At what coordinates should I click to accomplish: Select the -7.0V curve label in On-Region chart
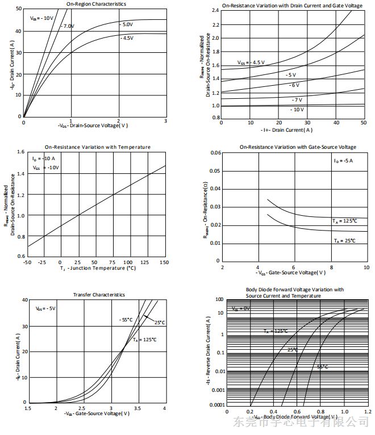click(x=68, y=26)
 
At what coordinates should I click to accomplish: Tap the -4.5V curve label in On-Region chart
click(x=127, y=38)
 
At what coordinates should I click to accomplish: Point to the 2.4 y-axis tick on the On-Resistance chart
click(x=215, y=10)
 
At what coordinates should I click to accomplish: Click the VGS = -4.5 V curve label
click(x=251, y=62)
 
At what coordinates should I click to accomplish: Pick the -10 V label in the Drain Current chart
click(x=297, y=109)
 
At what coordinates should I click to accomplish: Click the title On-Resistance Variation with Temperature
click(x=98, y=147)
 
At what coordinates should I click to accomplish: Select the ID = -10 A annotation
click(x=44, y=160)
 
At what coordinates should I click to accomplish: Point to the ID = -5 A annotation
click(x=343, y=161)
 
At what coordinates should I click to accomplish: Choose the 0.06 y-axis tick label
click(x=215, y=153)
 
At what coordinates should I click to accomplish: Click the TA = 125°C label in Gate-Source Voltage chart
click(x=344, y=220)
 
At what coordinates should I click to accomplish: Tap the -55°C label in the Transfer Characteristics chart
click(x=126, y=319)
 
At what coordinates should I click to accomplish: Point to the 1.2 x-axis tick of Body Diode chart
click(x=366, y=411)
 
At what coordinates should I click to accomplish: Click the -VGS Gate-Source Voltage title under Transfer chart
click(x=97, y=415)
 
